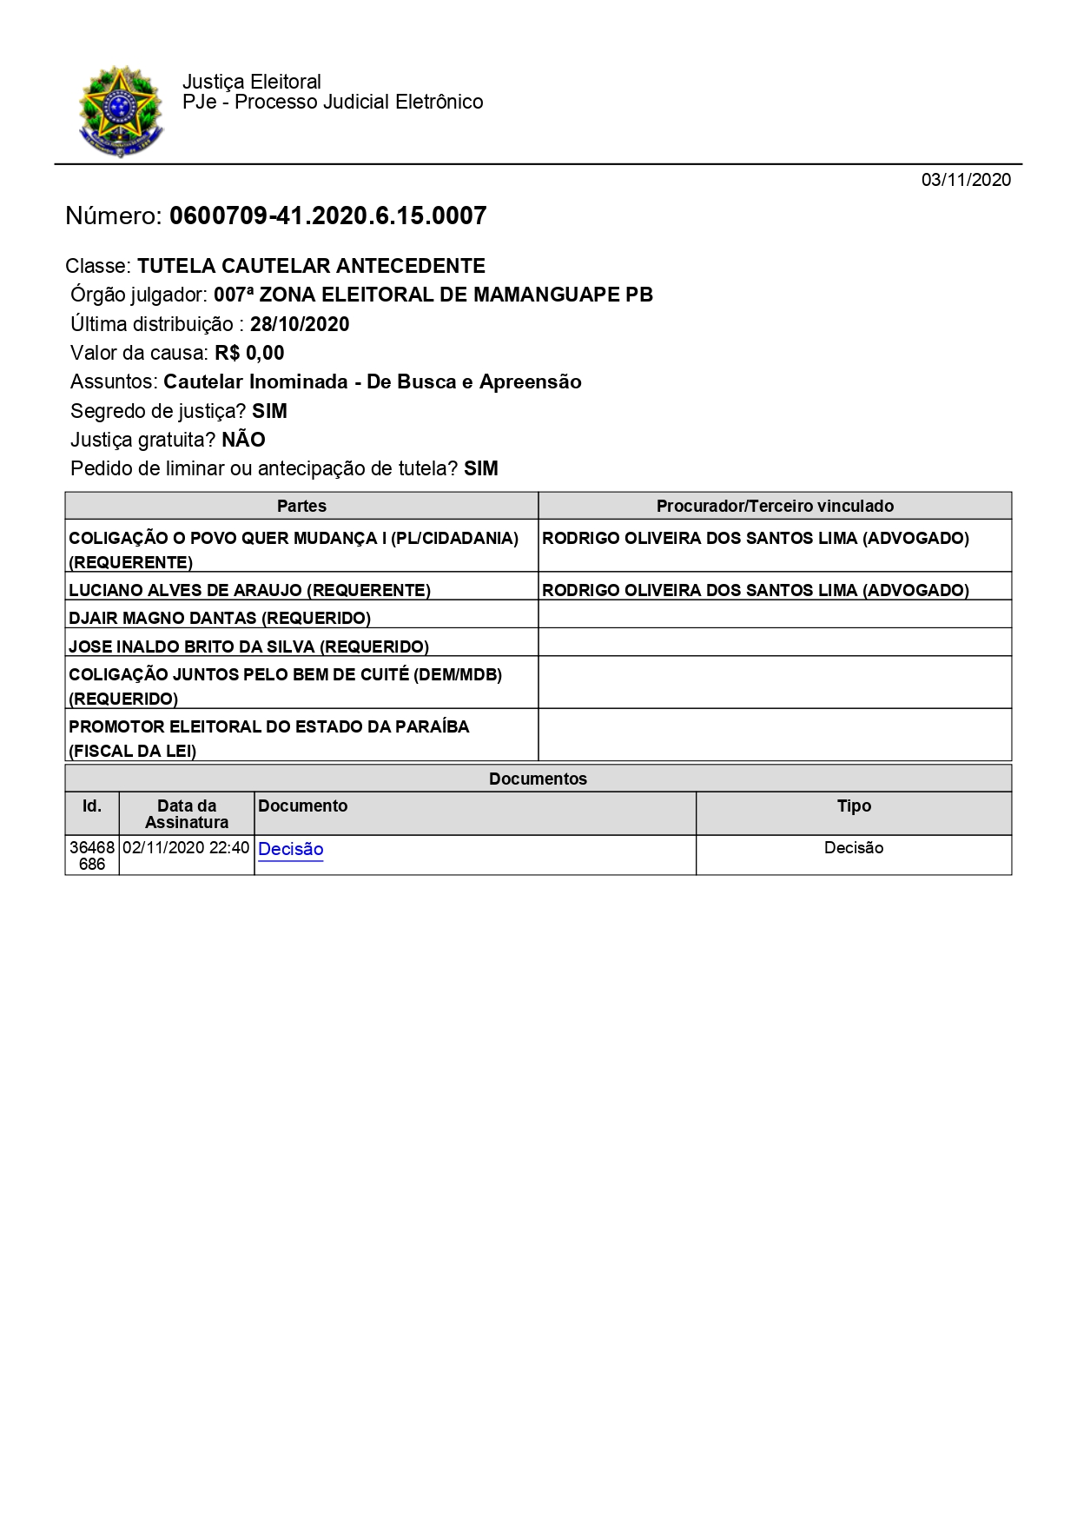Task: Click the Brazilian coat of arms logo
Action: click(121, 111)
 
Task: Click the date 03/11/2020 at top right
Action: click(966, 180)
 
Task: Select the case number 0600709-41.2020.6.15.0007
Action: click(327, 215)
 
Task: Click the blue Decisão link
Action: click(290, 849)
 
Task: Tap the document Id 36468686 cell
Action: click(92, 855)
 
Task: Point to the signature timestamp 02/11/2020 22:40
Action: click(186, 847)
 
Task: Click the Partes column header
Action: click(301, 506)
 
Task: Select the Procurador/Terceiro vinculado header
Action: click(775, 506)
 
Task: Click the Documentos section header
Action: click(538, 779)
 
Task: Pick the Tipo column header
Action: click(854, 806)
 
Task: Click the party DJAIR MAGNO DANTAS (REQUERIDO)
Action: click(220, 618)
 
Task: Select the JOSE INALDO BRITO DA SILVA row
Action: click(248, 646)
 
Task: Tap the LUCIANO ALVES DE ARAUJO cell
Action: click(249, 590)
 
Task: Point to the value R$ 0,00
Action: click(250, 353)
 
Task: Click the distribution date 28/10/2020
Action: click(300, 324)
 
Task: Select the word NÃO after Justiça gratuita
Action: click(243, 440)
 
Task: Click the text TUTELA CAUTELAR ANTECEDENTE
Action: click(311, 266)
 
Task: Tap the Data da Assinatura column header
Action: click(187, 814)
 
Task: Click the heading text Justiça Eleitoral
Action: click(252, 82)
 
